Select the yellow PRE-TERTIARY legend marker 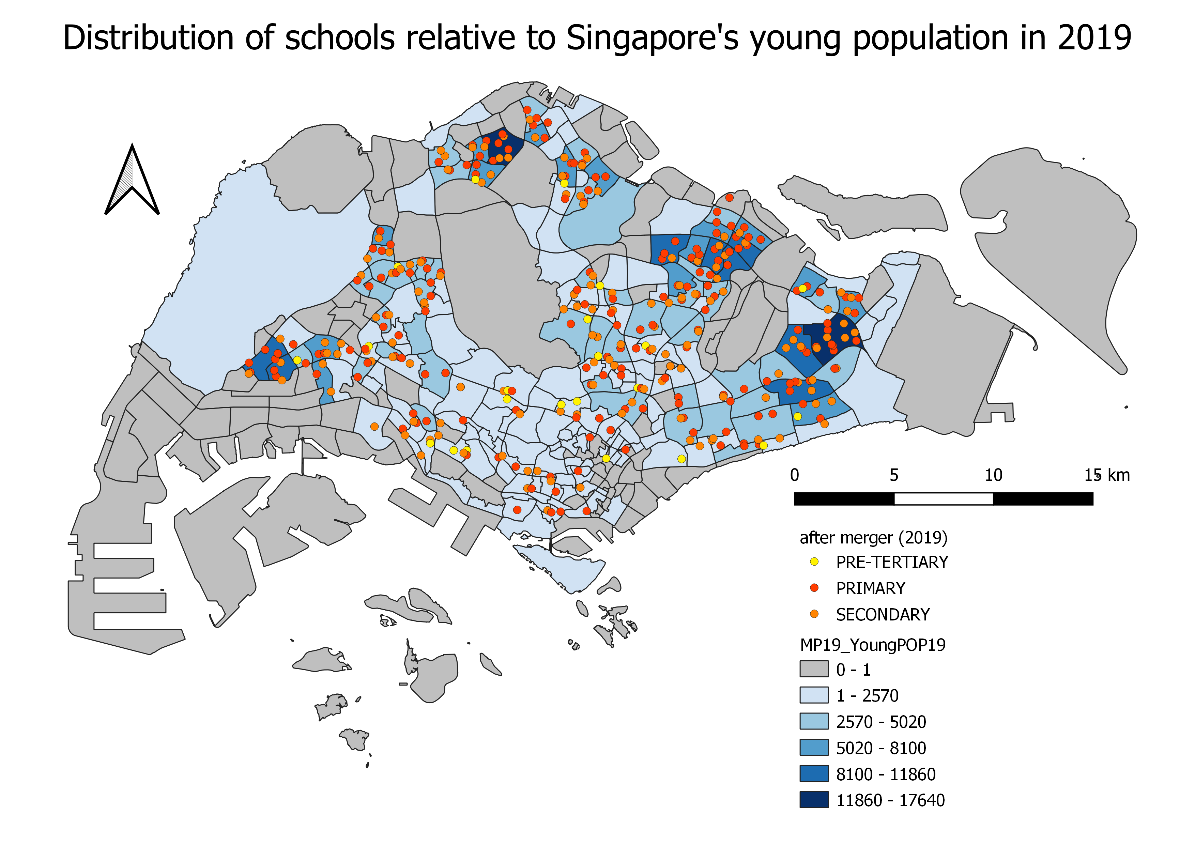(814, 562)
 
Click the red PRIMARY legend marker (814, 588)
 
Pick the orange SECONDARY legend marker (814, 614)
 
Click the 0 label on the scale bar (794, 475)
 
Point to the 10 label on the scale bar (993, 475)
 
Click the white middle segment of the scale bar (944, 499)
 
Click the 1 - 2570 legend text (867, 696)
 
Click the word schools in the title (340, 38)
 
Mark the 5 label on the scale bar (894, 475)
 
